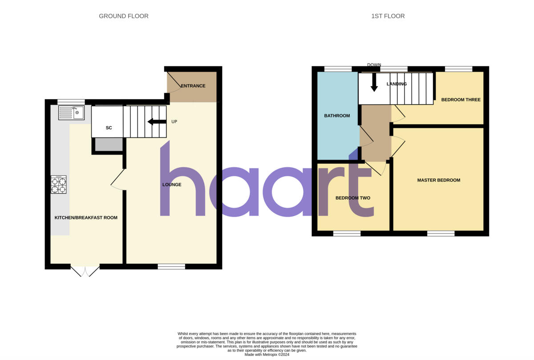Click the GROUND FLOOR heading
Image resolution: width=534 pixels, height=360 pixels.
[124, 16]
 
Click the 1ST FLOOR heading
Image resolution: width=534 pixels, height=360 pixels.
[388, 16]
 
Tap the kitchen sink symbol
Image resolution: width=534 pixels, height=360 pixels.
[71, 113]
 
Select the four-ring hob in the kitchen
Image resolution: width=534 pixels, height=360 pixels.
[59, 184]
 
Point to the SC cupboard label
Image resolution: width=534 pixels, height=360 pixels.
[109, 128]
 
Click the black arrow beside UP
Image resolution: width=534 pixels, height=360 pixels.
[156, 122]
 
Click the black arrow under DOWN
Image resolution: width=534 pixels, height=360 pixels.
[374, 82]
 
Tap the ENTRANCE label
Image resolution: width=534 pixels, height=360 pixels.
[193, 86]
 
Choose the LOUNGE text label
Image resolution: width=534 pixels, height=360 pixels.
[172, 184]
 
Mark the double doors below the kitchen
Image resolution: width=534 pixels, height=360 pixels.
[85, 271]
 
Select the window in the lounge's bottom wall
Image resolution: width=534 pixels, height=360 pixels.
[171, 267]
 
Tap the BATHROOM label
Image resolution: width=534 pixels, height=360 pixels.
[337, 116]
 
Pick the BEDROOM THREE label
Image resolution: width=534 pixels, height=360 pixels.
[461, 100]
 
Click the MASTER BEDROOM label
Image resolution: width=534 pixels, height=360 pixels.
[438, 180]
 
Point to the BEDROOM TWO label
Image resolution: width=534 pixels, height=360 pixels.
[352, 198]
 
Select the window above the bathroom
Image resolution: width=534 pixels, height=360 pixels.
[338, 69]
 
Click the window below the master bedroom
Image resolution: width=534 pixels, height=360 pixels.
[441, 233]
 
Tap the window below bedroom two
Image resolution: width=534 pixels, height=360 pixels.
[347, 233]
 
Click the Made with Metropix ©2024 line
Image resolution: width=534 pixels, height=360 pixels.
[267, 355]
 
